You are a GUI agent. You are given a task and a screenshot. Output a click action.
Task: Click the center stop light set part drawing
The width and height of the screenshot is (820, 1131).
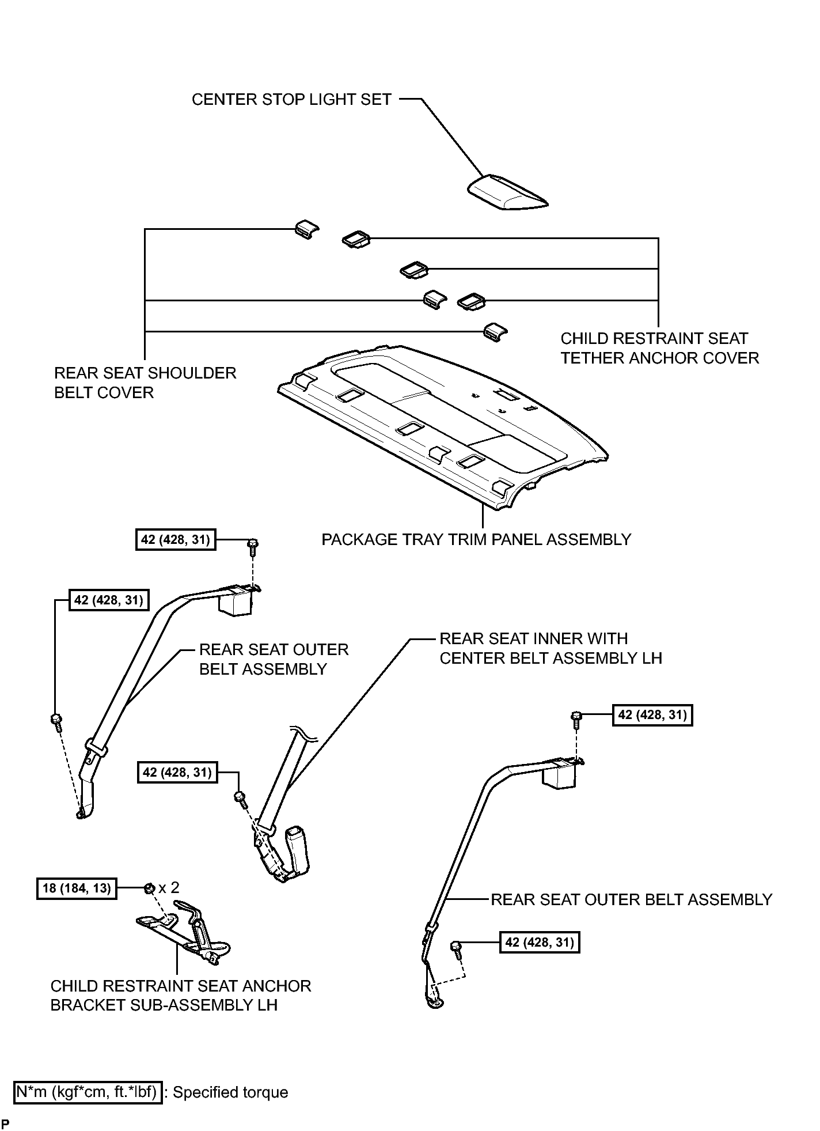coord(507,192)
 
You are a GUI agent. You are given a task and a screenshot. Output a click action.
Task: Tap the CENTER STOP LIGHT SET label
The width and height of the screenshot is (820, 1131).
coord(291,100)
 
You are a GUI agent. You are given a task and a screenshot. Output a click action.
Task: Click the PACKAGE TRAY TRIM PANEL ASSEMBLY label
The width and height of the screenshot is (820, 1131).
coord(476,540)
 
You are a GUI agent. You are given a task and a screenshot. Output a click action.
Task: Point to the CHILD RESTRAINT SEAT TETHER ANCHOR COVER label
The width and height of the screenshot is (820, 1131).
coord(660,348)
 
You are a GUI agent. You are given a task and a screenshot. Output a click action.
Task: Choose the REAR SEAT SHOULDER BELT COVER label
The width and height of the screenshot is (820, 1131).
coord(145,383)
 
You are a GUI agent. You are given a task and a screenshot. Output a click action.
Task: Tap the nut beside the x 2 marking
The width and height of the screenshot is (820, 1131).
coord(149,888)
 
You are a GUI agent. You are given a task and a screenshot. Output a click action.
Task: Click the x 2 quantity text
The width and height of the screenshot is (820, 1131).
coord(169,888)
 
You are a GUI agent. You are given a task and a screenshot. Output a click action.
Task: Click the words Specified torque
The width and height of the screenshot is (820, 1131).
coord(230,1092)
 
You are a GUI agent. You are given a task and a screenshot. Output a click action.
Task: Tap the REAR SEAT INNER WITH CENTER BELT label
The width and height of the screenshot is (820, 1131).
coord(551,648)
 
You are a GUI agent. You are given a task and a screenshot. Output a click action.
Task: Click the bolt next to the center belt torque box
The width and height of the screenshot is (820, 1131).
coord(241,798)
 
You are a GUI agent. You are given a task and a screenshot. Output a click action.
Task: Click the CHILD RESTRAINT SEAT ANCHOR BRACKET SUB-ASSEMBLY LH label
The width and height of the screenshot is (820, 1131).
coord(181,995)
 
